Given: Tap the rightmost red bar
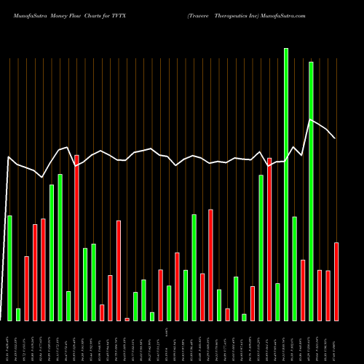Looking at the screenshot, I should point(336,281).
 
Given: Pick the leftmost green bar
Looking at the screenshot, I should point(9,268).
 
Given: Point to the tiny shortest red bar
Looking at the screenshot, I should point(127,319).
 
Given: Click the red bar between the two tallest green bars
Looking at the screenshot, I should point(303,290).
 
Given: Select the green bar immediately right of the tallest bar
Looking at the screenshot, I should point(294,269).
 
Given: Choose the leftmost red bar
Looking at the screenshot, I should point(26,288).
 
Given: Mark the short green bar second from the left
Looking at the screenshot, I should point(18,314).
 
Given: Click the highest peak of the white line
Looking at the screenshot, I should point(311,119).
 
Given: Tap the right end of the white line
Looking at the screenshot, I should point(335,138).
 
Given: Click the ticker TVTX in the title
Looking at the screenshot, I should point(129,15).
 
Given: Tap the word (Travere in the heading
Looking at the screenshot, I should point(199,15).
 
